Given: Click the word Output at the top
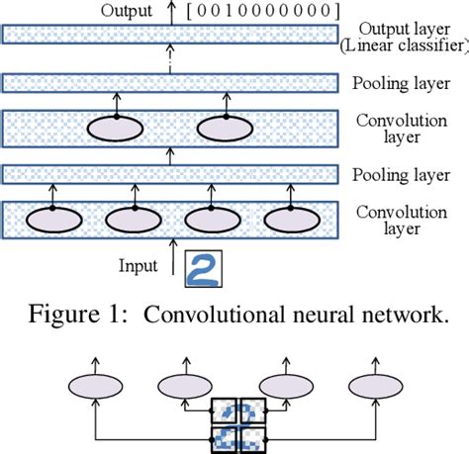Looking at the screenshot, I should coord(126,11).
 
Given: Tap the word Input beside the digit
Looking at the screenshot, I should coord(141,267).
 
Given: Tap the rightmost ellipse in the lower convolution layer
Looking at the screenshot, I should coord(290,219).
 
